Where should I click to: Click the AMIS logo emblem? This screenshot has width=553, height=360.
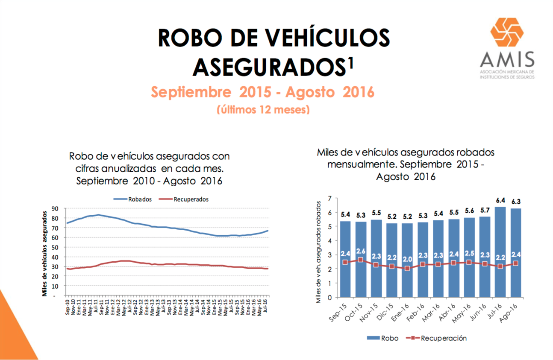point(506,32)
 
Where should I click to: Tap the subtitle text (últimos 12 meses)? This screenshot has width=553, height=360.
point(263,110)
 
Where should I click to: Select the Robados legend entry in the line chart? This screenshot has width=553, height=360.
point(132,199)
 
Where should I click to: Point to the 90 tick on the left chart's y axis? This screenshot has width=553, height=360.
point(55,209)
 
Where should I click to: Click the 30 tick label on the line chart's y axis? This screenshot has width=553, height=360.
point(55,267)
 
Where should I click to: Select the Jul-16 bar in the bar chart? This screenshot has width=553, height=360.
point(500,252)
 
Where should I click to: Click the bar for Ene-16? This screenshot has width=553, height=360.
point(407,260)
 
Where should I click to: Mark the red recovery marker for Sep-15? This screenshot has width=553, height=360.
point(345,262)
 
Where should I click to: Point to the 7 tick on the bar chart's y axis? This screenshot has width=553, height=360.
point(329,199)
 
